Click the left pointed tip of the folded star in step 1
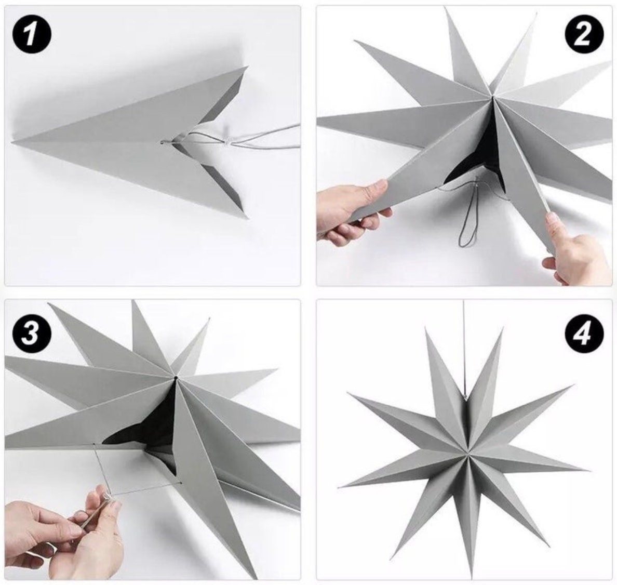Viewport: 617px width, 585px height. pos(12,142)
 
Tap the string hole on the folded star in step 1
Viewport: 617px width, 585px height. pos(162,142)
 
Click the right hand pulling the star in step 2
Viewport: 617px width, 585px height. pos(576,252)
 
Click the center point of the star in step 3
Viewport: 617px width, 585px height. pos(176,378)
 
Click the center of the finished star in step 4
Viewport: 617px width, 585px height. pos(465,455)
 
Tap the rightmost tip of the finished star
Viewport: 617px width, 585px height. pos(589,470)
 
